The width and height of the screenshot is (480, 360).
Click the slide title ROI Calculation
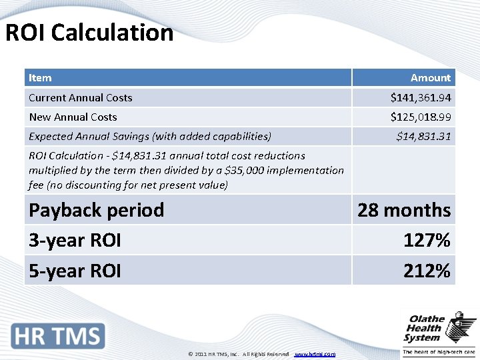89,33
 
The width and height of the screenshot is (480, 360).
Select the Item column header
40,78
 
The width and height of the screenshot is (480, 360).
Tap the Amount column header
430,78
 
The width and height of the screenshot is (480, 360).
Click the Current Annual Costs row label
80,98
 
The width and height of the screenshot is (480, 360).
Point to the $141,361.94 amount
420,98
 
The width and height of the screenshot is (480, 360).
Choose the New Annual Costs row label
73,117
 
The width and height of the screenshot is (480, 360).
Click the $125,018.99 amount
420,117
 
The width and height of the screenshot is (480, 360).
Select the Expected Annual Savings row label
149,137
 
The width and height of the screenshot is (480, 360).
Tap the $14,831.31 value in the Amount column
423,137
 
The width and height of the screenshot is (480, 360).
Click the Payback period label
96,210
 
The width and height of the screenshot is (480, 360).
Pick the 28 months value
404,210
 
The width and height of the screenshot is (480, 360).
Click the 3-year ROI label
75,240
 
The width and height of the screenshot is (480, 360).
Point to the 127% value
427,240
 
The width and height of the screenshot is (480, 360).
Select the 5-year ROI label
75,271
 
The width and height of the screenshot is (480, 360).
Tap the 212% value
427,271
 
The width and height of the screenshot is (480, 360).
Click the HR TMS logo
59,335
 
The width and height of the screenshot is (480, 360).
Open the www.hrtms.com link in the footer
315,354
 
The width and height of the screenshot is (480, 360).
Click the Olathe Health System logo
439,333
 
